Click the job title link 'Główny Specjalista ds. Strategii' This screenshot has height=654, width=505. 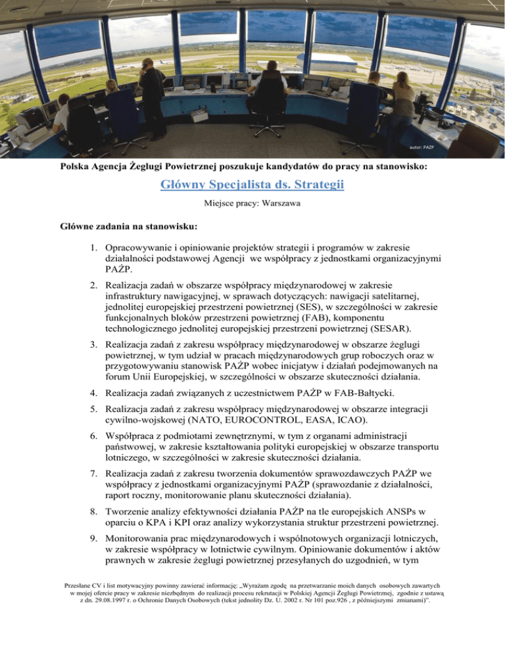coord(252,186)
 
